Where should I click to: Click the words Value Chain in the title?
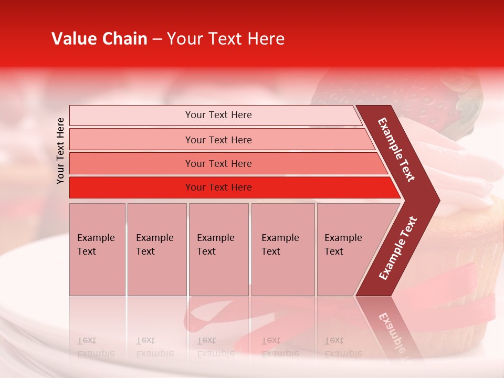99,39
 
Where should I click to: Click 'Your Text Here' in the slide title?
226,39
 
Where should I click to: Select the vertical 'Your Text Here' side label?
60,151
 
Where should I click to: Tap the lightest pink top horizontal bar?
218,115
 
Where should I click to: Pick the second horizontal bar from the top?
218,140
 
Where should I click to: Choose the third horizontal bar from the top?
218,164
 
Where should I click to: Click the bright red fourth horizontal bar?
218,187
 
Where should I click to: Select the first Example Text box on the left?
97,249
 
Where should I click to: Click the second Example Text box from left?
156,249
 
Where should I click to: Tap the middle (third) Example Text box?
218,249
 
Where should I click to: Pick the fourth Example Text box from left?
282,249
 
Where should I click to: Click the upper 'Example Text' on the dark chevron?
396,150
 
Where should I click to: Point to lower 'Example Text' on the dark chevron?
398,248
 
